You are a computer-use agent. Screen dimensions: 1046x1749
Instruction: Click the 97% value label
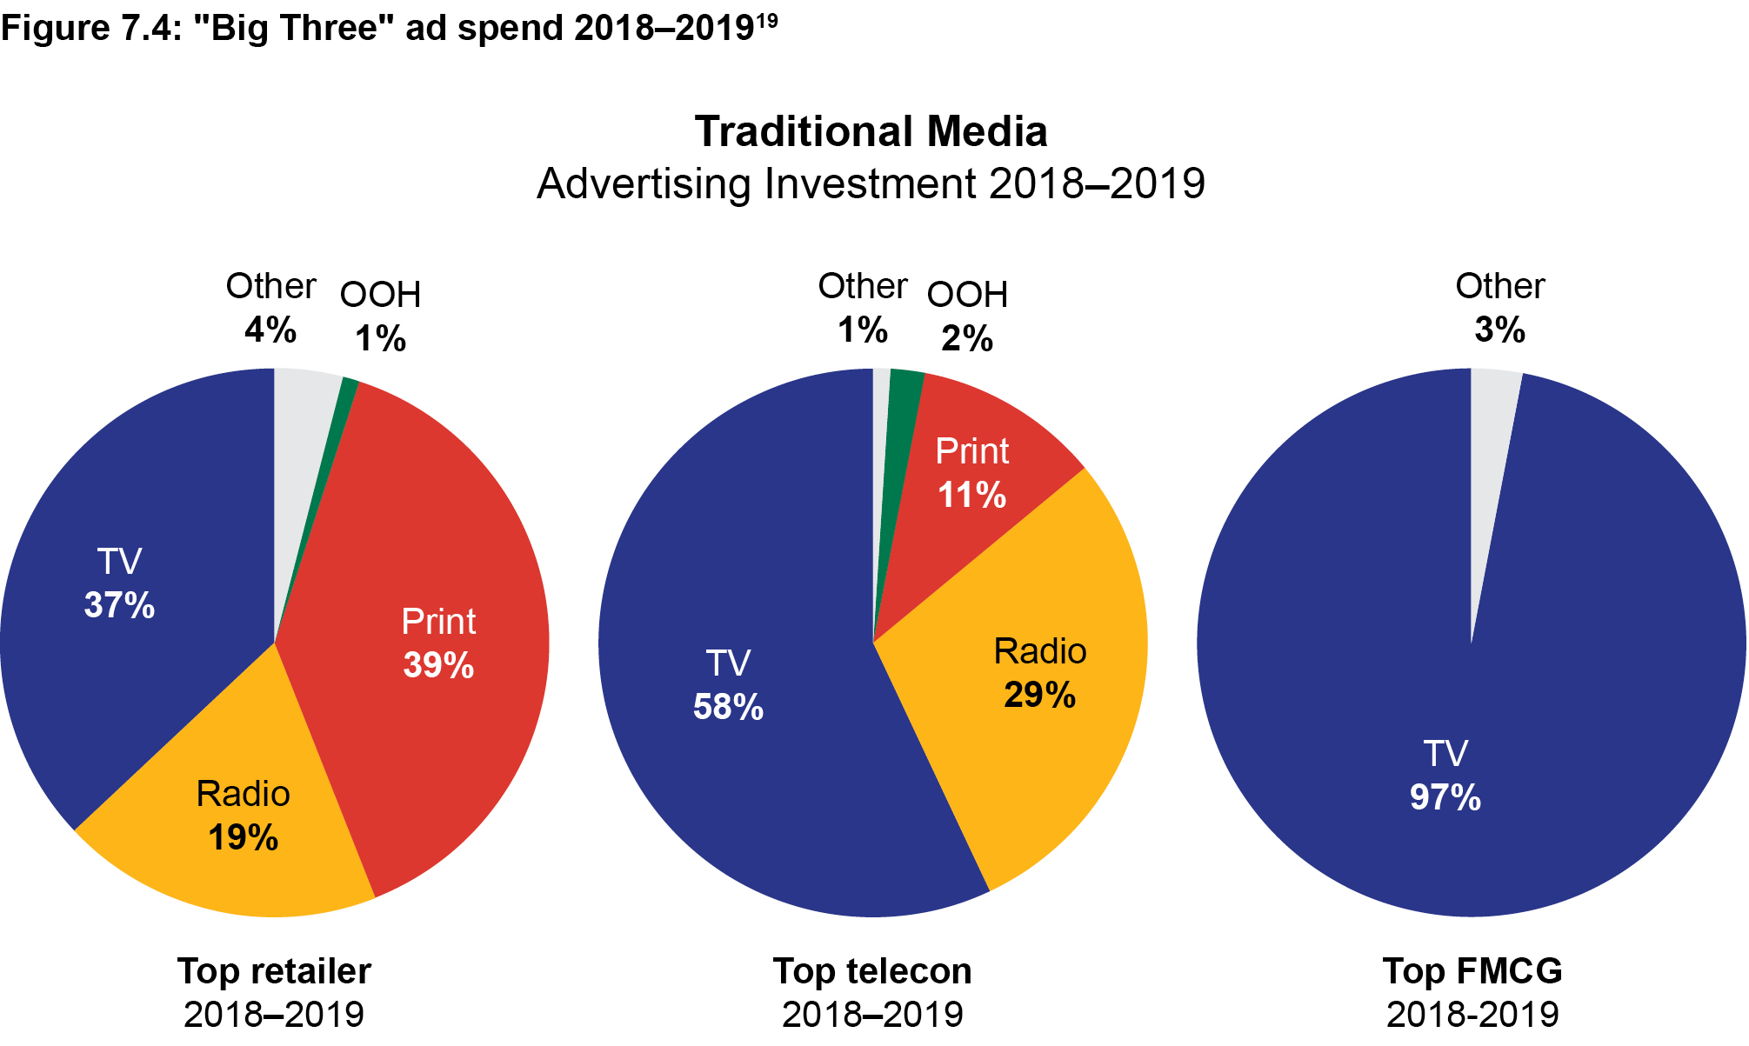pyautogui.click(x=1445, y=797)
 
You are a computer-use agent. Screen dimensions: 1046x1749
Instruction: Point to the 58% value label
pyautogui.click(x=728, y=707)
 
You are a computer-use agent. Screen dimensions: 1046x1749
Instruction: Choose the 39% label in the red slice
pyautogui.click(x=438, y=665)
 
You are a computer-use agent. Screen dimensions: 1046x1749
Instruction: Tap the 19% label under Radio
pyautogui.click(x=243, y=837)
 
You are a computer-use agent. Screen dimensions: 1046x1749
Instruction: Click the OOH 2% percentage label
pyautogui.click(x=967, y=338)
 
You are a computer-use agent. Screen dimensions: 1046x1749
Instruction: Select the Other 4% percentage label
pyautogui.click(x=270, y=330)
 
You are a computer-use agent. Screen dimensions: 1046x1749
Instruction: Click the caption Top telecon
pyautogui.click(x=872, y=971)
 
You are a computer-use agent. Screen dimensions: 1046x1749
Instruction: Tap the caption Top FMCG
pyautogui.click(x=1472, y=971)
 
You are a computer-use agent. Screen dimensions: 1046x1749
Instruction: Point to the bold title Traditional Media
pyautogui.click(x=871, y=132)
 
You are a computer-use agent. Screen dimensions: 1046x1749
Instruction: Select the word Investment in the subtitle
pyautogui.click(x=870, y=184)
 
